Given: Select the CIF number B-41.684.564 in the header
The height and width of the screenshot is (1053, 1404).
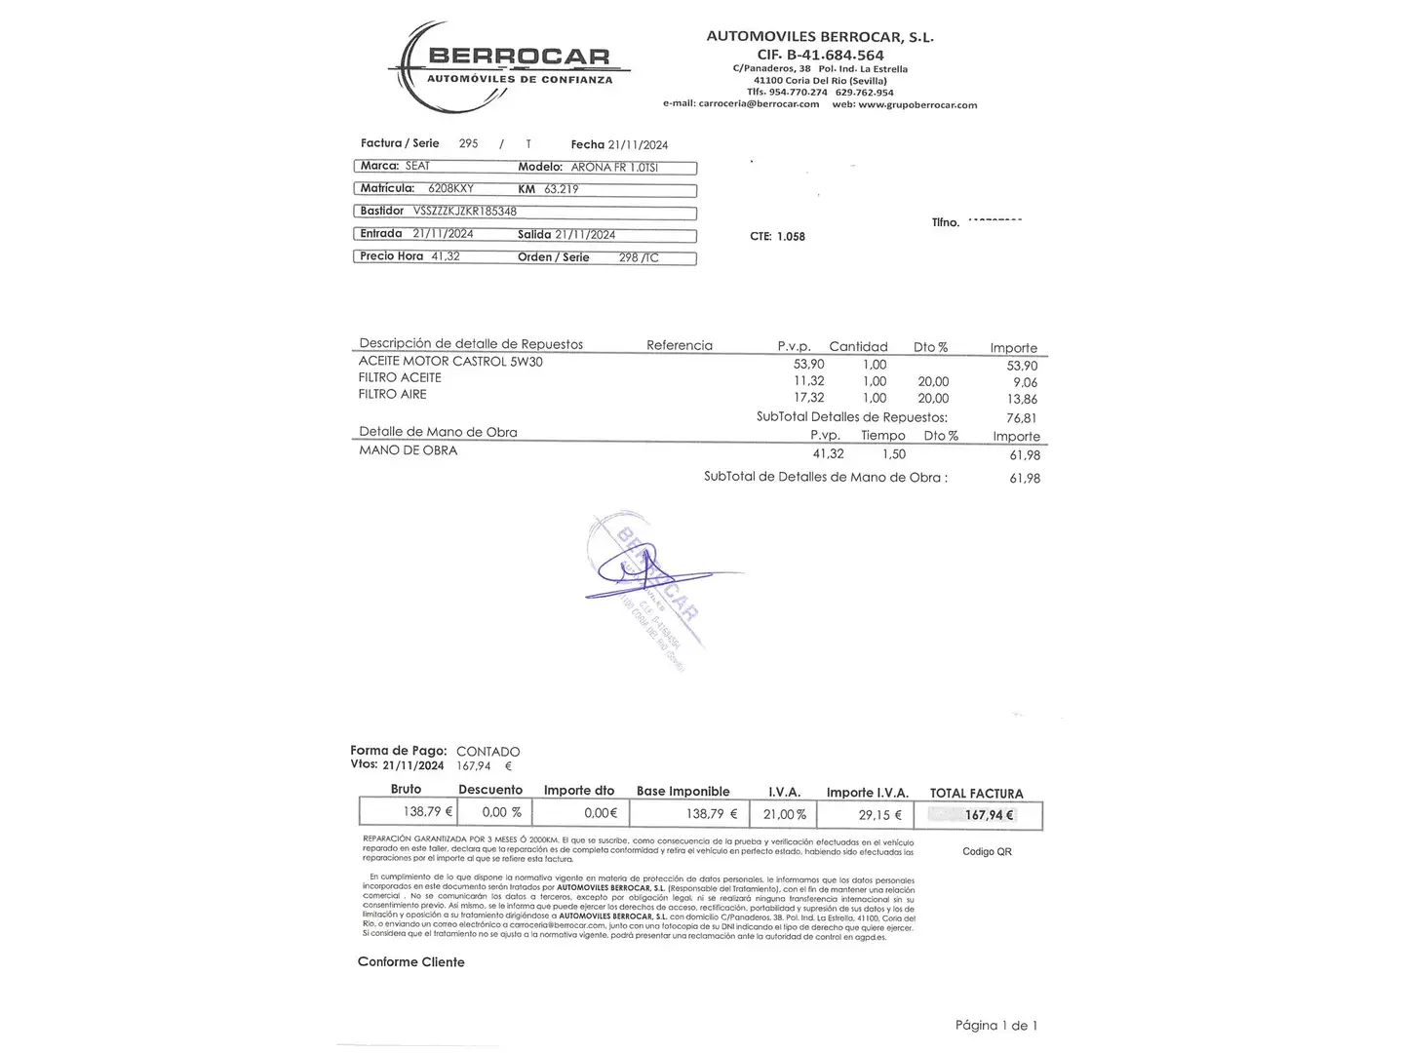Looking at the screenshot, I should click(820, 55).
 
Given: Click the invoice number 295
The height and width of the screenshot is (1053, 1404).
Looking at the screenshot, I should click(468, 143).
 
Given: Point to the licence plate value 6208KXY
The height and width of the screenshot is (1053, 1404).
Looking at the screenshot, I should click(450, 189).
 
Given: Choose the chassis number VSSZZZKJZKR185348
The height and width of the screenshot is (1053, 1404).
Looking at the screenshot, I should click(465, 212).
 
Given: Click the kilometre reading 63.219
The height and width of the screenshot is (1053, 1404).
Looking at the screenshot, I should click(562, 189).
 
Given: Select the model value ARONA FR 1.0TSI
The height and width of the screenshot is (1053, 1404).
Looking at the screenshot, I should click(614, 168).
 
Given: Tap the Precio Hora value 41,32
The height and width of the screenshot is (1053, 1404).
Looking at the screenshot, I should click(445, 256).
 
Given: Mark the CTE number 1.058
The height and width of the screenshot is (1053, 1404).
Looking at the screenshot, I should click(791, 236).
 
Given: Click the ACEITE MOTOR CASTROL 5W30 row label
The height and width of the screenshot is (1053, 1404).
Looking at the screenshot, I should click(450, 362).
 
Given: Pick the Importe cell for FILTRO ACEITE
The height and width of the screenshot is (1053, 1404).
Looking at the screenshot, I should click(1024, 382).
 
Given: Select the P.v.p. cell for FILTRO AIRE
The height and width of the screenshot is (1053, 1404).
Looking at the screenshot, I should click(808, 398).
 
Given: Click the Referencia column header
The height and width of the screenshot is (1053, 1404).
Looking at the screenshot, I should click(680, 345).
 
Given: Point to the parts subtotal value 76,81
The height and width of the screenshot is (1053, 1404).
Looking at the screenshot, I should click(1021, 418).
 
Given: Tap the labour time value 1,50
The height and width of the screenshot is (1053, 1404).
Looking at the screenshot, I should click(893, 454).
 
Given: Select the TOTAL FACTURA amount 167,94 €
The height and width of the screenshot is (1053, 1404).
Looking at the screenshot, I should click(989, 815).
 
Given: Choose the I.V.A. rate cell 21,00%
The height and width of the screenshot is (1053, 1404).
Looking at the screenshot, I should click(785, 814).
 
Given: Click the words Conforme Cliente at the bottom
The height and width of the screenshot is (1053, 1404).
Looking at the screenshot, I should click(410, 962).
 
